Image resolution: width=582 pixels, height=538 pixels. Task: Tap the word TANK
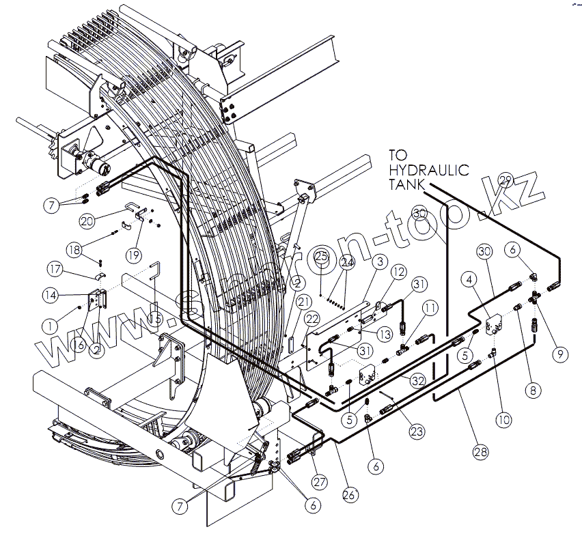coord(408,184)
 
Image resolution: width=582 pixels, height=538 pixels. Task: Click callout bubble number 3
coord(380,261)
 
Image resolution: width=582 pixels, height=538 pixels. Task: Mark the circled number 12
coord(398,272)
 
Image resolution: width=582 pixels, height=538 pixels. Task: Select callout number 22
coord(311,319)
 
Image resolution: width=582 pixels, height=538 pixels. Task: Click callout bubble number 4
coord(469,279)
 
